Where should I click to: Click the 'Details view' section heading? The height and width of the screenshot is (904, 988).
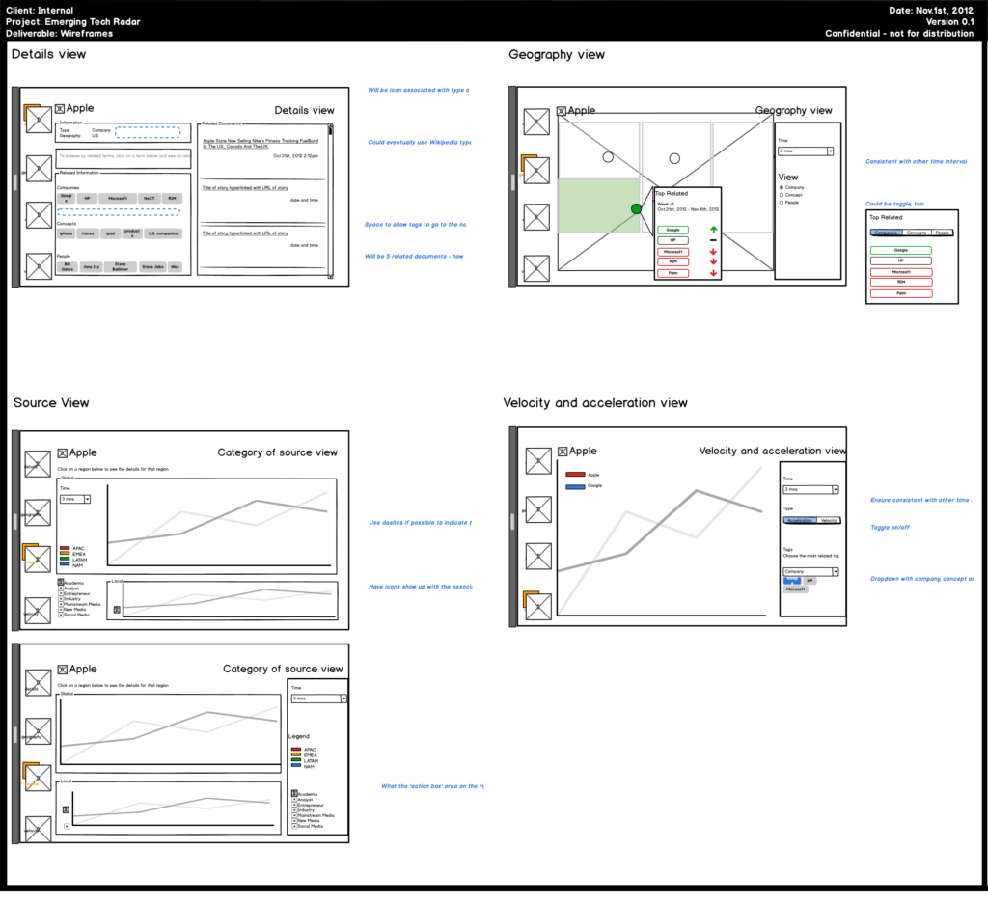[x=48, y=54]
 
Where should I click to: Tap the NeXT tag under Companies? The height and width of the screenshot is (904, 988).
[x=149, y=198]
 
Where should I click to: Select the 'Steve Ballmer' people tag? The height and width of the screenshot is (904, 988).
[x=120, y=266]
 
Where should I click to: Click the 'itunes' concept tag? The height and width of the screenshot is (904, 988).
[x=88, y=233]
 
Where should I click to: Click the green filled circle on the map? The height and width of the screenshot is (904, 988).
[x=636, y=208]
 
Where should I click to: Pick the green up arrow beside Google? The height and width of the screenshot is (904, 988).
[x=713, y=230]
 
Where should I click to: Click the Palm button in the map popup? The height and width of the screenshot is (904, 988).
[x=672, y=273]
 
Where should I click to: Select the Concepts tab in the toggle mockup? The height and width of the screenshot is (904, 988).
[x=917, y=233]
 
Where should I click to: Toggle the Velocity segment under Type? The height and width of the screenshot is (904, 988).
[x=828, y=520]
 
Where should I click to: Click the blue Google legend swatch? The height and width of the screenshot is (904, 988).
[x=575, y=485]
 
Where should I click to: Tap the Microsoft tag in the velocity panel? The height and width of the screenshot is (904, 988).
[x=795, y=589]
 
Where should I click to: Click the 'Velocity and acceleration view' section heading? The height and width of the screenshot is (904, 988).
[x=595, y=402]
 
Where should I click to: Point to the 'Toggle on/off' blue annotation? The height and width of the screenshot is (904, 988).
[x=890, y=528]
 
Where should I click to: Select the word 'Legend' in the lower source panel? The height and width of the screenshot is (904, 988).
[x=299, y=736]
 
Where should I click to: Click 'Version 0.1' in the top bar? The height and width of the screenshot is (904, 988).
[x=949, y=21]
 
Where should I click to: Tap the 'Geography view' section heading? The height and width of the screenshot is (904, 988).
[x=557, y=54]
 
